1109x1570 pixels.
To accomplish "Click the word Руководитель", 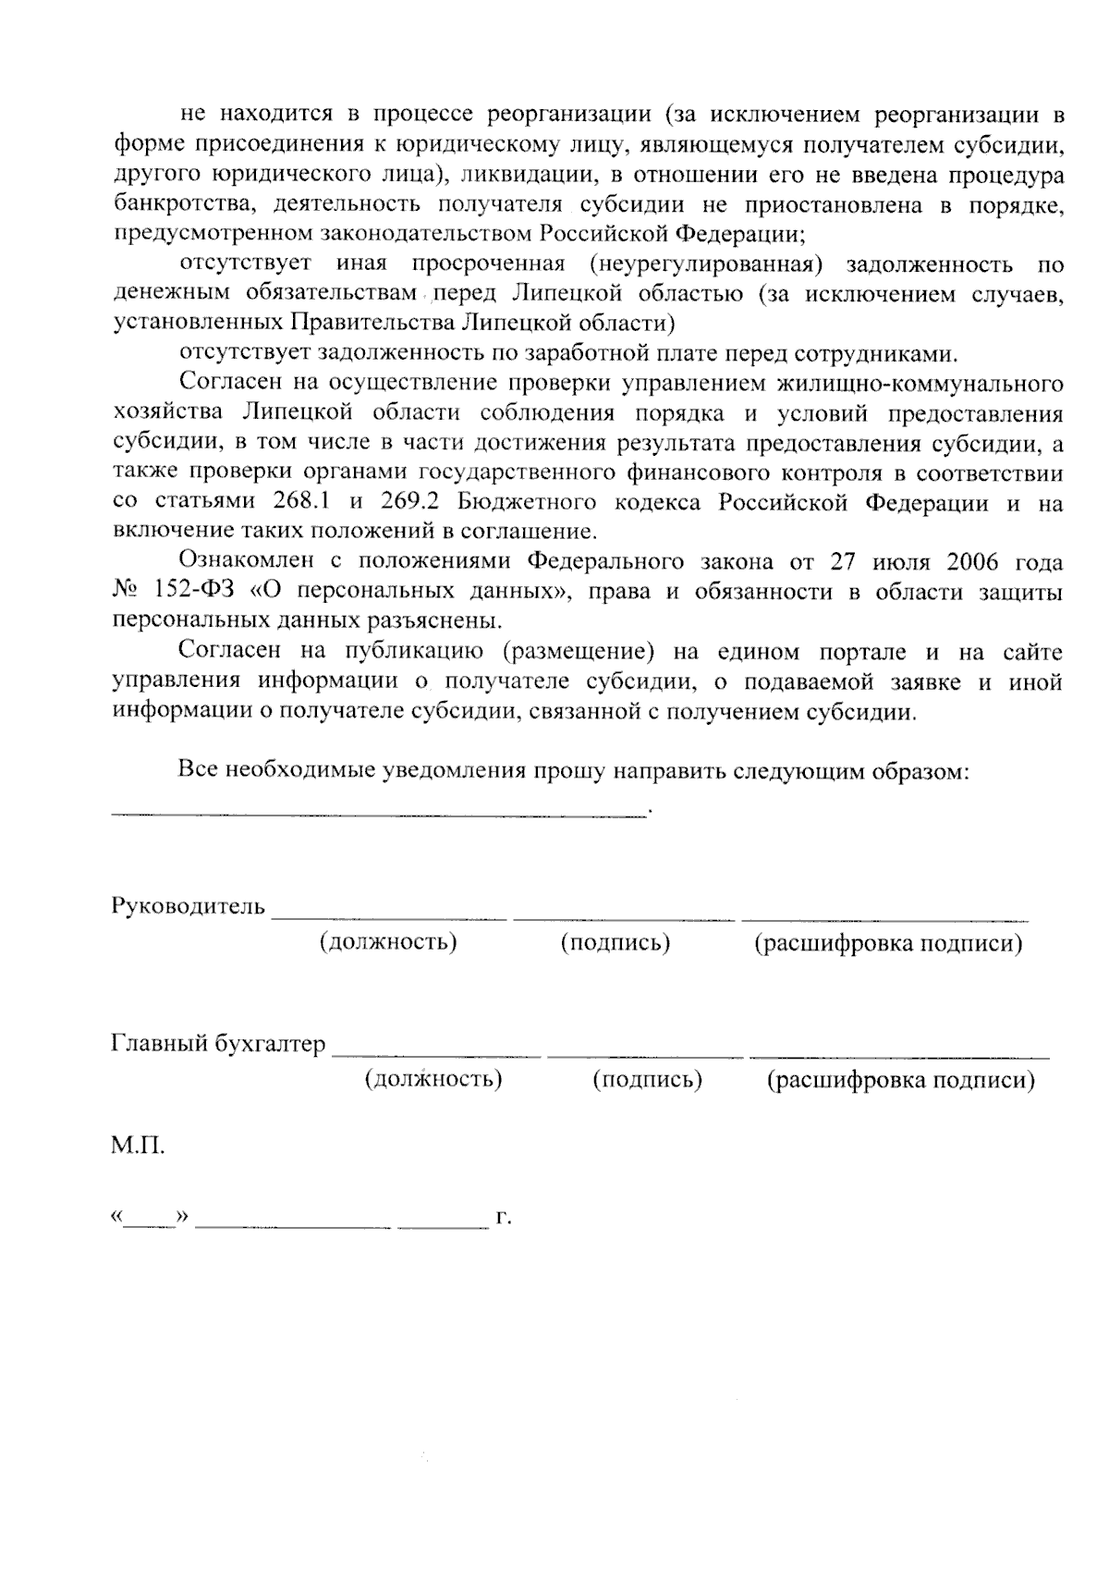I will pyautogui.click(x=189, y=905).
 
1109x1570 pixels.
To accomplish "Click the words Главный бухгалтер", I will pyautogui.click(x=218, y=1044).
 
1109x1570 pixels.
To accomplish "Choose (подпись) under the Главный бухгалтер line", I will pyautogui.click(x=647, y=1079).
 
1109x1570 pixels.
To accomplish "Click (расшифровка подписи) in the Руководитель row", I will pyautogui.click(x=888, y=943).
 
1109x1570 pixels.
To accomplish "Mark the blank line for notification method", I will pyautogui.click(x=379, y=811).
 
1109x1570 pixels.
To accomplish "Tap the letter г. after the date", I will pyautogui.click(x=504, y=1218).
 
